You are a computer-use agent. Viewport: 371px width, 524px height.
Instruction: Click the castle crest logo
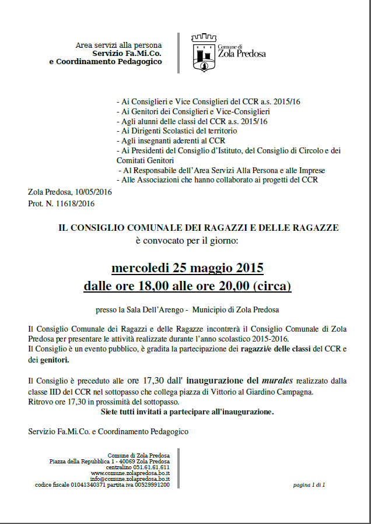coord(203,53)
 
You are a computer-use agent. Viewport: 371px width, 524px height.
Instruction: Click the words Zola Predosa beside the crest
coord(242,54)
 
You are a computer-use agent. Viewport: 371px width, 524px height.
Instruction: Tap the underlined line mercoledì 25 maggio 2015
coord(187,268)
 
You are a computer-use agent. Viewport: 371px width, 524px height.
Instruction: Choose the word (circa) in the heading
coord(272,286)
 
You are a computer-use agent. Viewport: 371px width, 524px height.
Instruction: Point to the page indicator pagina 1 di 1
coord(309,484)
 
